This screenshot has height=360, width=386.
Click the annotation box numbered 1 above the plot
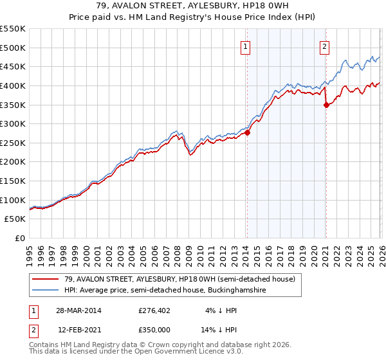246,46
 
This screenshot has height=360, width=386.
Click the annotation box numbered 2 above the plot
325,46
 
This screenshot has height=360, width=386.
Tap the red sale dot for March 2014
247,133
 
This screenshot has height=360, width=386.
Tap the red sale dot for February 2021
326,105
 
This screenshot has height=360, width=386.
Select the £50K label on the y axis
15,219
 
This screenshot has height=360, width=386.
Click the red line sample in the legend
46,279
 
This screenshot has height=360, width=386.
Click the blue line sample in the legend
46,291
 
